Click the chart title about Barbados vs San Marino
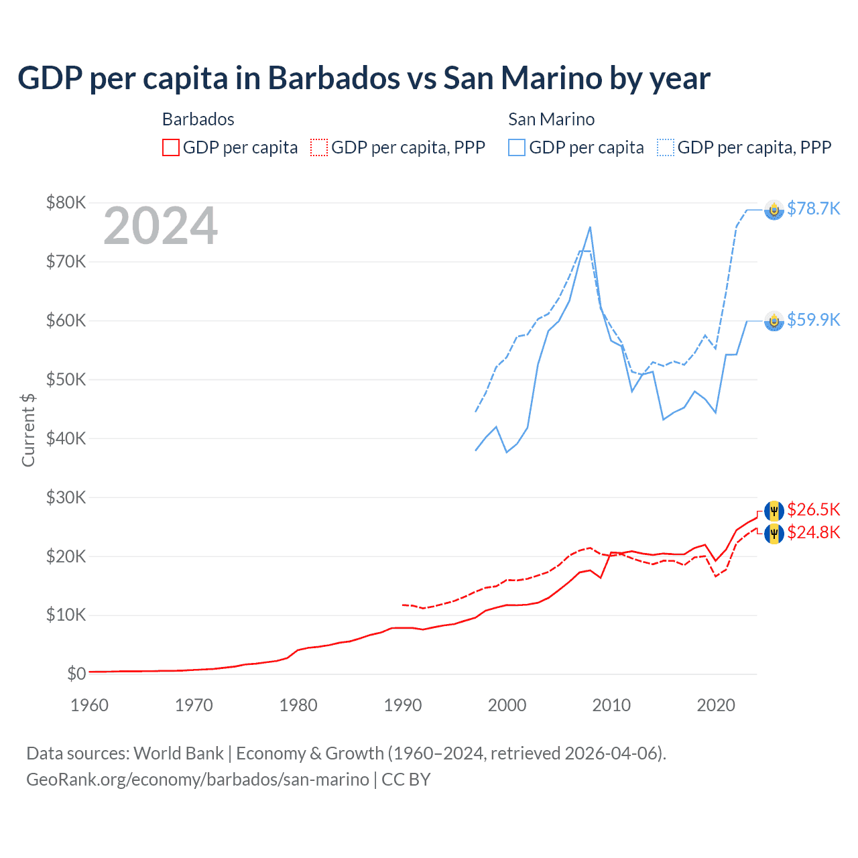pyautogui.click(x=363, y=78)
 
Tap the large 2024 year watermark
pyautogui.click(x=160, y=226)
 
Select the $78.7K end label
pyautogui.click(x=813, y=208)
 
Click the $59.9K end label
pyautogui.click(x=813, y=320)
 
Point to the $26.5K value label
pyautogui.click(x=813, y=509)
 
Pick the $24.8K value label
pyautogui.click(x=813, y=532)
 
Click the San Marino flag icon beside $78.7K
pyautogui.click(x=774, y=210)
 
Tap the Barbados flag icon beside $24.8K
pyautogui.click(x=774, y=534)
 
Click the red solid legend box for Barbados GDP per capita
pyautogui.click(x=171, y=147)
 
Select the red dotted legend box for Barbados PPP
pyautogui.click(x=319, y=147)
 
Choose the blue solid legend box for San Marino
pyautogui.click(x=517, y=147)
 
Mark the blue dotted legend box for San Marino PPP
pyautogui.click(x=666, y=147)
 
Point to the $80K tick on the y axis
pyautogui.click(x=66, y=202)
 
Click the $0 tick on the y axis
pyautogui.click(x=76, y=674)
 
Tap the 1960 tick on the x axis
pyautogui.click(x=89, y=705)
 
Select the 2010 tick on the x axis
pyautogui.click(x=611, y=705)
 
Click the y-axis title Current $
pyautogui.click(x=28, y=430)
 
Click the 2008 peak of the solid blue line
pyautogui.click(x=590, y=227)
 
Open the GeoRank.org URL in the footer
pyautogui.click(x=198, y=780)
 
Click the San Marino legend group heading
pyautogui.click(x=551, y=119)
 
